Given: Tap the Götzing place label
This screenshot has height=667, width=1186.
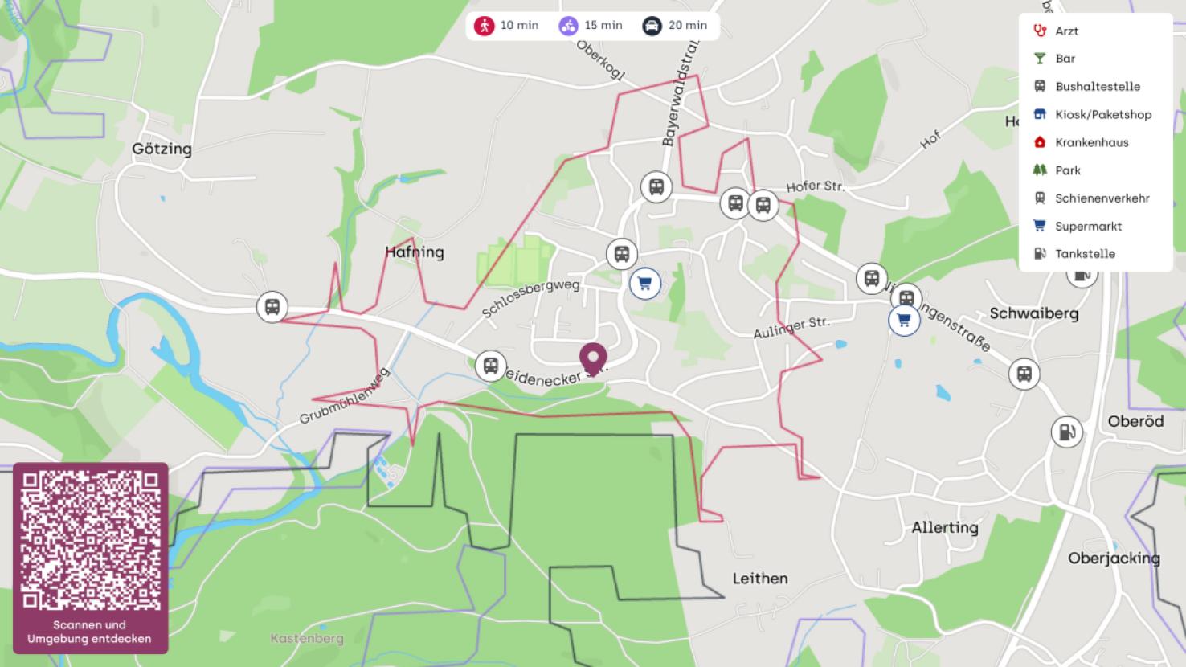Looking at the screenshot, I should (x=162, y=149).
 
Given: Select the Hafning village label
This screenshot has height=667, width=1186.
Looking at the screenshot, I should (x=414, y=252).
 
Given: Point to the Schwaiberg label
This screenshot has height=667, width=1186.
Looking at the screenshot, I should (x=1033, y=313).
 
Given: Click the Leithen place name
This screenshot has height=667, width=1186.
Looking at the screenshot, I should (x=759, y=578).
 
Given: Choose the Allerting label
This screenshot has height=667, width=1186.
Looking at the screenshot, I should (x=944, y=528).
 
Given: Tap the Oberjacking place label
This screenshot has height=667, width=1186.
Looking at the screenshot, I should (x=1114, y=558).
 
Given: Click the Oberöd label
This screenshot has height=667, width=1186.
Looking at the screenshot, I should (x=1135, y=421).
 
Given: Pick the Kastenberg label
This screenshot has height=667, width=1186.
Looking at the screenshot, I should (x=307, y=639).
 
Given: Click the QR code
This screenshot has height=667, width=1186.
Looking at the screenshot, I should (x=90, y=539).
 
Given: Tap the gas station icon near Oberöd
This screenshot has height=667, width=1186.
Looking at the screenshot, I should (x=1066, y=432).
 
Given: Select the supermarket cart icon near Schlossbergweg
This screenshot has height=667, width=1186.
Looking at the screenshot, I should (x=644, y=283).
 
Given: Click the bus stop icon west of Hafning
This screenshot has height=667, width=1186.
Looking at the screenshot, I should (x=272, y=306).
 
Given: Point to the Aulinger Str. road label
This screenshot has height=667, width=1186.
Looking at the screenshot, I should (x=791, y=328).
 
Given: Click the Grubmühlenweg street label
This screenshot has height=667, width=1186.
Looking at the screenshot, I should (x=344, y=396).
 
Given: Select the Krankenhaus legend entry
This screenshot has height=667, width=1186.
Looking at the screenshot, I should (x=1091, y=142).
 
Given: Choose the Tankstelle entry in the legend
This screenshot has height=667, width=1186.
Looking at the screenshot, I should (x=1085, y=254).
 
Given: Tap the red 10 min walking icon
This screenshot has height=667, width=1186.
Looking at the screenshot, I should (x=484, y=26).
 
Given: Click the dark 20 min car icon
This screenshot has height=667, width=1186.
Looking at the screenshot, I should (x=652, y=26).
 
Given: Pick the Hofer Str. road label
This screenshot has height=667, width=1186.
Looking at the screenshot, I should (x=815, y=186).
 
